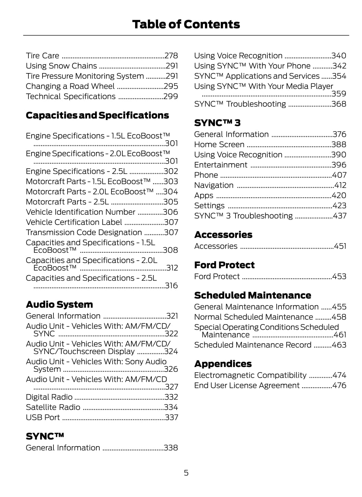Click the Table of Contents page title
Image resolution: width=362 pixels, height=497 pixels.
[x=186, y=24]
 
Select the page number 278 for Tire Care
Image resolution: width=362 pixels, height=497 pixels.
[x=171, y=56]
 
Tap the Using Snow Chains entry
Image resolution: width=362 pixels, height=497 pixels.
[x=61, y=66]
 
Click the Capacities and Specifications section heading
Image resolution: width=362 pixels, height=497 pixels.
[x=97, y=115]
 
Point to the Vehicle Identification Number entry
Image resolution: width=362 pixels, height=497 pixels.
[x=81, y=212]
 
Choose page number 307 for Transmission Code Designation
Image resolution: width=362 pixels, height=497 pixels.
[x=171, y=232]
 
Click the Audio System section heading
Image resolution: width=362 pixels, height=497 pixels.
[x=59, y=304]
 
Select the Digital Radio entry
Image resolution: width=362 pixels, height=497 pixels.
[x=49, y=397]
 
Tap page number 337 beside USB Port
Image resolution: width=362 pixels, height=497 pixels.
[x=171, y=417]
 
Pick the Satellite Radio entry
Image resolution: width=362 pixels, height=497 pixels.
[x=53, y=407]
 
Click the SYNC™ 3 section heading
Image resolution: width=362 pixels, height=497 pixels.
[x=217, y=123]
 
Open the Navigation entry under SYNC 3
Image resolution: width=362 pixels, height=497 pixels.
[x=214, y=185]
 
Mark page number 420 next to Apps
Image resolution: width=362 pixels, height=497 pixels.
[x=339, y=196]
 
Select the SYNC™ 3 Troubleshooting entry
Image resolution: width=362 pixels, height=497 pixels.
[x=243, y=216]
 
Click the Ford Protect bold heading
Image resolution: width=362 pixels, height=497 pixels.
[x=224, y=265]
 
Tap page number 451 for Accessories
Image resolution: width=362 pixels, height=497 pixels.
[x=340, y=246]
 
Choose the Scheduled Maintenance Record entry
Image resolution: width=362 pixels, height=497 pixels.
[x=253, y=345]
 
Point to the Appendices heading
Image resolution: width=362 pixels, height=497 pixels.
[x=223, y=364]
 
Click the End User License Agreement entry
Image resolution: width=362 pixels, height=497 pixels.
[x=247, y=386]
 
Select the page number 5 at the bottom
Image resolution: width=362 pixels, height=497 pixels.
[x=186, y=473]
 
